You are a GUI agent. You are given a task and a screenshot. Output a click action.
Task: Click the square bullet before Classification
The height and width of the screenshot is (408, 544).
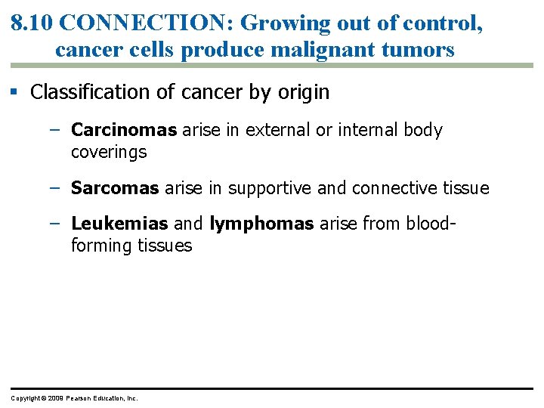[14, 93]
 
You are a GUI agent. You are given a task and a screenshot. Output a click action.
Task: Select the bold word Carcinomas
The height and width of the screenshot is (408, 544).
[124, 130]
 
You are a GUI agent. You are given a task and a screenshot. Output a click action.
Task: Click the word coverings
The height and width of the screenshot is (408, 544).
[109, 152]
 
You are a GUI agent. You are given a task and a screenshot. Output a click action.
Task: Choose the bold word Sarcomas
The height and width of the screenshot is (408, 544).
[116, 187]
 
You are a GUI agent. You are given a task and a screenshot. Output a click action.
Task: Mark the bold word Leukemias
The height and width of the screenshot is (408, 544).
[119, 224]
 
